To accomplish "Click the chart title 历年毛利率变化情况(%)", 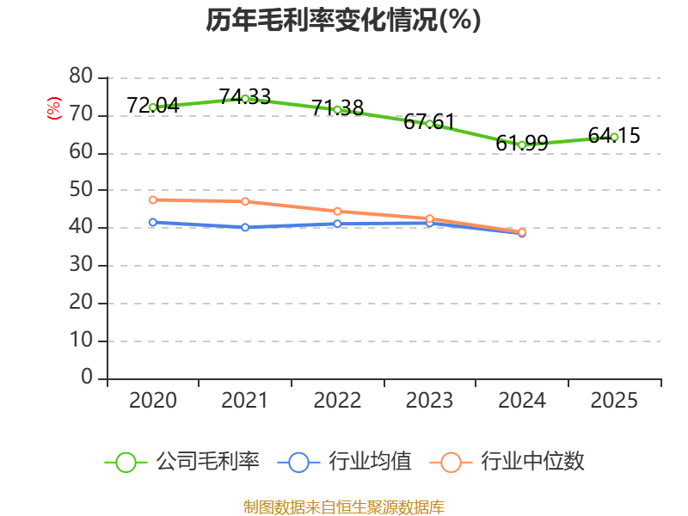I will tap(343, 21).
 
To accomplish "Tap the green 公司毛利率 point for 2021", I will tap(245, 99).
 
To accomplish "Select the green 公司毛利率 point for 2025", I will tap(614, 137).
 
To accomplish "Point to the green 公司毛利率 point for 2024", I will tap(522, 145).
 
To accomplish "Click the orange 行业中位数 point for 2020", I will tap(153, 200).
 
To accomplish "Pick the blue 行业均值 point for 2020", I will tap(153, 222).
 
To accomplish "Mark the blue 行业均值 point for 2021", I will tap(245, 227).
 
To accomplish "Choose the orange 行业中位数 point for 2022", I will tap(337, 211).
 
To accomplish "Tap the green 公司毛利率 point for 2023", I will tap(429, 124).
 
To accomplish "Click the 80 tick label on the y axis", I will tap(81, 77).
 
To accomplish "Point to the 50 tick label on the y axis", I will tap(81, 190).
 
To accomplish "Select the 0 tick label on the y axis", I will tap(87, 378).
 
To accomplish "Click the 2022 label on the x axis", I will tap(337, 401).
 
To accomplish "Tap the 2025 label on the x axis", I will tap(614, 401).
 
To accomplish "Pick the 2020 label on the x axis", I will tap(153, 401).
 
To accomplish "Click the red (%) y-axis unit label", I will tap(54, 109).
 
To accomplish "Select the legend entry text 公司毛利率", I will tap(207, 462).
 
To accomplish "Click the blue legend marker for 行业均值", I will tap(298, 462).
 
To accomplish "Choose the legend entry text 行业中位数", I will tap(532, 462).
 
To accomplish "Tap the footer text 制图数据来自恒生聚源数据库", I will tap(343, 507).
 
